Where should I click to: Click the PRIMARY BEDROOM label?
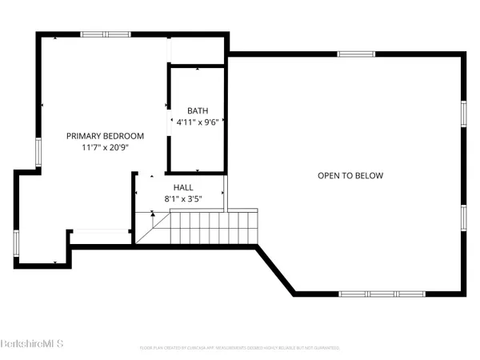click(105, 136)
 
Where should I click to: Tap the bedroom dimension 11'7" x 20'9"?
click(105, 148)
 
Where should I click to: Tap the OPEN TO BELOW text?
click(350, 176)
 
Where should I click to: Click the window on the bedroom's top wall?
click(106, 34)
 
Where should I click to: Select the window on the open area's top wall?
click(355, 54)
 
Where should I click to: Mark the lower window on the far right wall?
click(463, 218)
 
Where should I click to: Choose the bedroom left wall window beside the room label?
click(37, 150)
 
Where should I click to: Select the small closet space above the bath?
click(196, 50)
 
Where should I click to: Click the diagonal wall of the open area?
click(275, 270)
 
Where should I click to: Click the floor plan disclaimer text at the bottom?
click(240, 349)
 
